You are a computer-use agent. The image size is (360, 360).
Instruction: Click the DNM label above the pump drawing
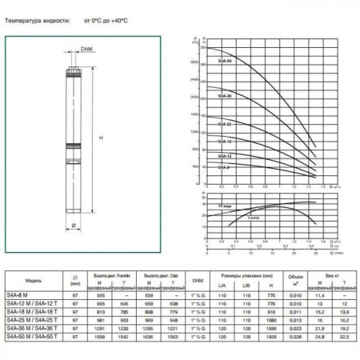pos(86,50)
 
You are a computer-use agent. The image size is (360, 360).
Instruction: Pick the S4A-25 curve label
pos(225,125)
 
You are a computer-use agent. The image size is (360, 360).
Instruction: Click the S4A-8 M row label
pos(26,296)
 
